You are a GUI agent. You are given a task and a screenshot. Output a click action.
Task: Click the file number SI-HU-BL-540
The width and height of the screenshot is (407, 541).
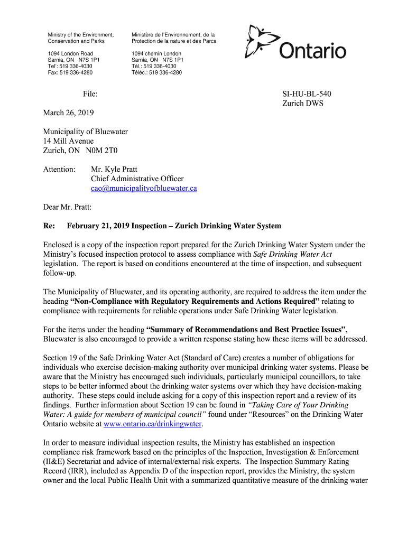307,94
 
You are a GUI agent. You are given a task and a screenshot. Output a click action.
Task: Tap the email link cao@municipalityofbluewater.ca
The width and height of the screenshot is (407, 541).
144,188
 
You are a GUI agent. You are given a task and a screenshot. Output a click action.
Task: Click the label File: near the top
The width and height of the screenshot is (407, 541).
90,94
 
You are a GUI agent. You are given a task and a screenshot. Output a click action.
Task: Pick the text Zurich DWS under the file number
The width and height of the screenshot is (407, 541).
302,104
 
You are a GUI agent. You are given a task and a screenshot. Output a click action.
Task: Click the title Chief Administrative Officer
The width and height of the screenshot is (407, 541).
137,179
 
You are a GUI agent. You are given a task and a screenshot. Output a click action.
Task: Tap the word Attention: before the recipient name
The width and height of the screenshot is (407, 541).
60,170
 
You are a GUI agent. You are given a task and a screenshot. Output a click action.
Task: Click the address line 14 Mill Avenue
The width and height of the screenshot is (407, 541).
68,141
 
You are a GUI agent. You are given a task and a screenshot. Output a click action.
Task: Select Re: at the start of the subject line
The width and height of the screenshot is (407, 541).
49,226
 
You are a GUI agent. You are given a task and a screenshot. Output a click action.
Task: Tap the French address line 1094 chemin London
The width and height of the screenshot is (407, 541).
156,53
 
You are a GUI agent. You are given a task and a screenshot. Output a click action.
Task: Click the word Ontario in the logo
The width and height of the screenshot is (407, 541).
312,51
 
